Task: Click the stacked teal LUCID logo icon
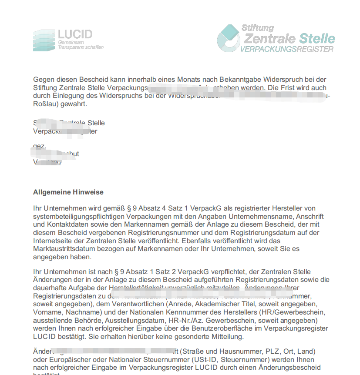[x=44, y=40]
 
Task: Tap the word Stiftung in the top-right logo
[x=258, y=28]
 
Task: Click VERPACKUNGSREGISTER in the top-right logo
[x=287, y=49]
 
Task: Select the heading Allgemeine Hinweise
[x=68, y=192]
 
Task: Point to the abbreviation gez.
[x=39, y=146]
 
